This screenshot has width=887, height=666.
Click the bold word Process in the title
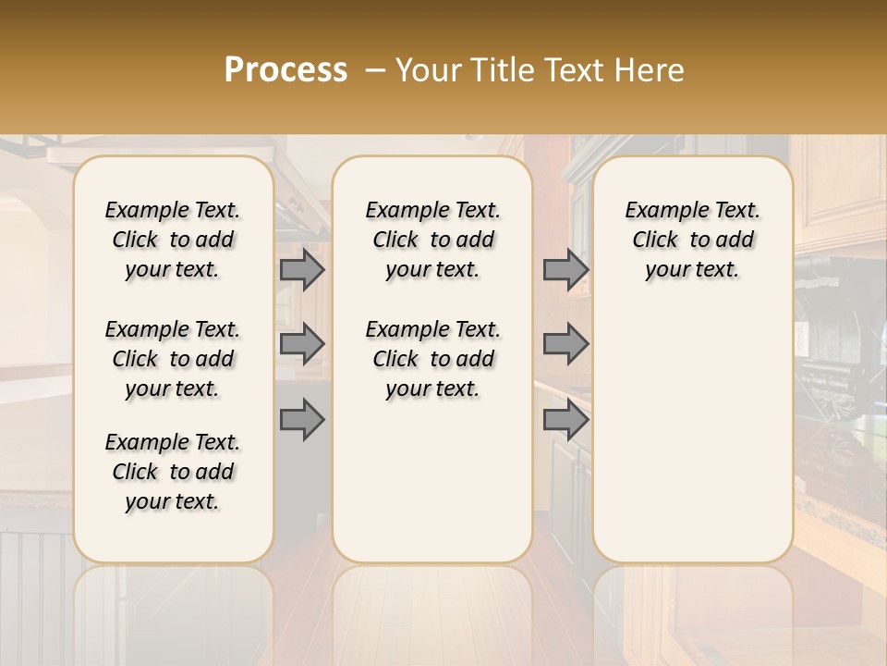[286, 70]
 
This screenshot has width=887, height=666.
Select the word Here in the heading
[650, 70]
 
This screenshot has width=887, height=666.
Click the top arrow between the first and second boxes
[302, 270]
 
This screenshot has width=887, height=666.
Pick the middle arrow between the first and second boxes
[302, 345]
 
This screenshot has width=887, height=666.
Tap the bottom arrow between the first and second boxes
[302, 421]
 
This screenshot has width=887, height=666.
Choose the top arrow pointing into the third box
[565, 270]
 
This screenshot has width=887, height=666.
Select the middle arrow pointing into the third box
[565, 345]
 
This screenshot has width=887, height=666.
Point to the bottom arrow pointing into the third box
[565, 421]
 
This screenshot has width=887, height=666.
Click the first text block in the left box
[173, 240]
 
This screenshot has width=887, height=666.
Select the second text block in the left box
[173, 359]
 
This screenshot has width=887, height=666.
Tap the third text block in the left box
[173, 472]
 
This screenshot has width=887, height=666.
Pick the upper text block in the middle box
[432, 240]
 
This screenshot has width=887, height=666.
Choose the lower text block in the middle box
[432, 359]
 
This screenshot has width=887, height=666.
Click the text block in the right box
[693, 240]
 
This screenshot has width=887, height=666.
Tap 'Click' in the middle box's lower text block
[395, 359]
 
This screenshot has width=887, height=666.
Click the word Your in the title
[431, 70]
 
